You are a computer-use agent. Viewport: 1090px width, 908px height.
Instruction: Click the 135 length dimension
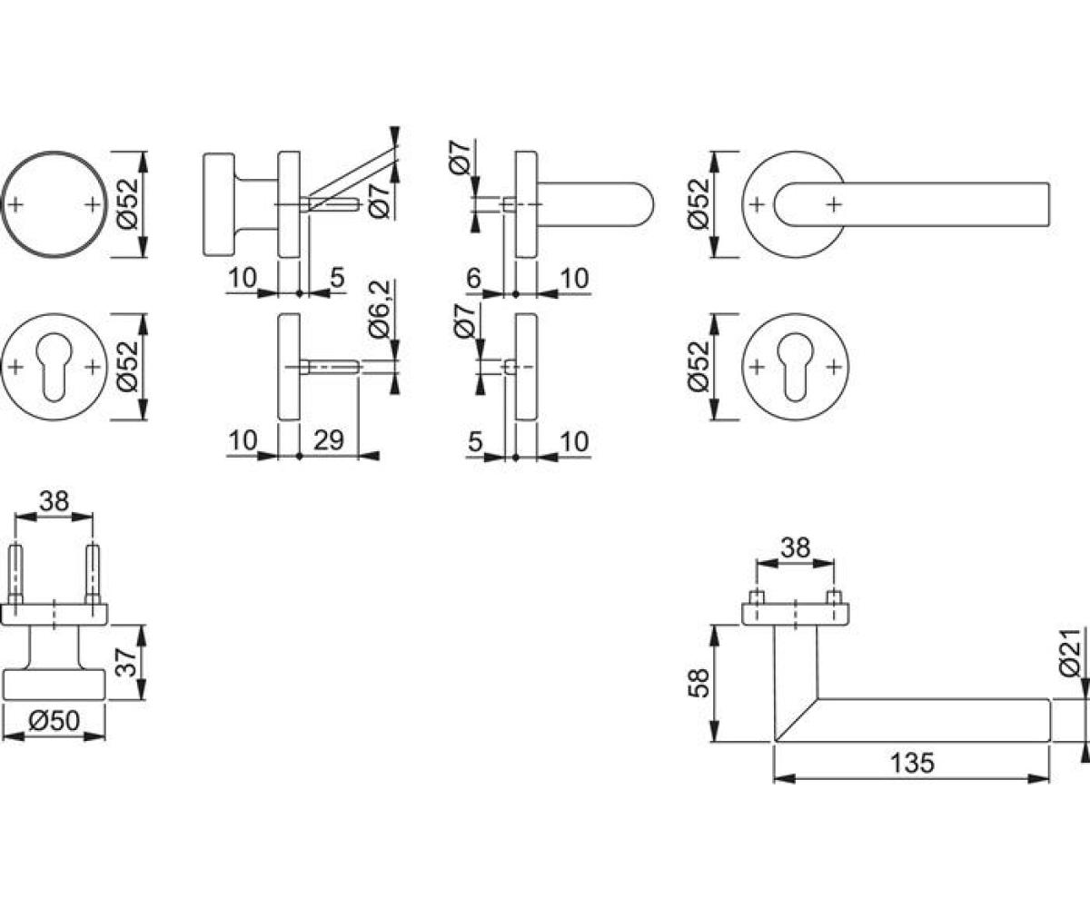point(912,763)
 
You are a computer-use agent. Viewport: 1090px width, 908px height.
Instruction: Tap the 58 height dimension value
point(699,683)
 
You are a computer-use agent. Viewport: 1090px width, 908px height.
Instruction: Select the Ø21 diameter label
point(1069,653)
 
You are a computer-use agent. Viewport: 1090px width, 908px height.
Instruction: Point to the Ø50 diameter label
point(54,721)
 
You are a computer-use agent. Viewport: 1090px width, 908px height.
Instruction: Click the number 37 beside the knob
point(127,662)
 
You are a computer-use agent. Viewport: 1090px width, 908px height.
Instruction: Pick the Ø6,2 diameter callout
point(380,309)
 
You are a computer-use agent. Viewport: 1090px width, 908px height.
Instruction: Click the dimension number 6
point(473,278)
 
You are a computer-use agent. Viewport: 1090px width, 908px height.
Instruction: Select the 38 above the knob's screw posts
point(54,501)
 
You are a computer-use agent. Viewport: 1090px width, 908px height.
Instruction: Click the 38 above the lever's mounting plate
point(795,548)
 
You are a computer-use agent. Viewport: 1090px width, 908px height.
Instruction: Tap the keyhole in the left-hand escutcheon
point(54,368)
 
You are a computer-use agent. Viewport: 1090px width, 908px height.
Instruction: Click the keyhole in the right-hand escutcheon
point(795,368)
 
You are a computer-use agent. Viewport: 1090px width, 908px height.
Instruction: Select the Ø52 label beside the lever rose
point(699,204)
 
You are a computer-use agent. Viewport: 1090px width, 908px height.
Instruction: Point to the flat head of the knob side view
point(218,204)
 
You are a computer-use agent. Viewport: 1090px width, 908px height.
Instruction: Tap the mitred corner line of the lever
point(796,720)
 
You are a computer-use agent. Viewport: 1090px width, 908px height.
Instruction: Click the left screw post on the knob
point(15,575)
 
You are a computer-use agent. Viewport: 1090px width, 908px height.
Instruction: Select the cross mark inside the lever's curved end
point(834,204)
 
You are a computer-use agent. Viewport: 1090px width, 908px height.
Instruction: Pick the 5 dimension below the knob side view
point(338,278)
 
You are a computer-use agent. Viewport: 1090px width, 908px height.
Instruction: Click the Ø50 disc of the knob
point(54,686)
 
